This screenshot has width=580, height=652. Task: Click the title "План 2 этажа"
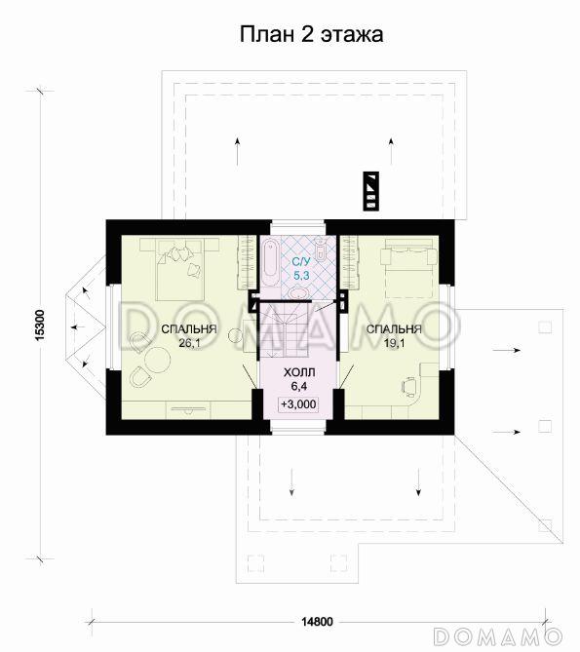(x=311, y=34)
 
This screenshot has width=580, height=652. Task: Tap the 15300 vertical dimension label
(x=40, y=326)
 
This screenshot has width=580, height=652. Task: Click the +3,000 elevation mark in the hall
(x=298, y=404)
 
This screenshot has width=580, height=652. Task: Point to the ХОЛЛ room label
(x=299, y=372)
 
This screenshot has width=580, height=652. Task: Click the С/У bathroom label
(x=301, y=262)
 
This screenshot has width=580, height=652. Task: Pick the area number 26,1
(x=188, y=343)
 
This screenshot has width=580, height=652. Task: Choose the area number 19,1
(x=394, y=343)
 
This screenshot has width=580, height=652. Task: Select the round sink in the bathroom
(x=298, y=293)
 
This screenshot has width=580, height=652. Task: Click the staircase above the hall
(x=284, y=328)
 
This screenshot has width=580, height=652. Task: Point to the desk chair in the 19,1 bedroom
(x=408, y=386)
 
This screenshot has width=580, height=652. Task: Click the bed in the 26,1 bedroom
(x=179, y=269)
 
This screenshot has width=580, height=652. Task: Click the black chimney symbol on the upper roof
(x=370, y=191)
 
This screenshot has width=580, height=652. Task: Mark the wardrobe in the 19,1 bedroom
(x=350, y=261)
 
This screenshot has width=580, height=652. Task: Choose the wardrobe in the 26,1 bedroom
(x=246, y=262)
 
